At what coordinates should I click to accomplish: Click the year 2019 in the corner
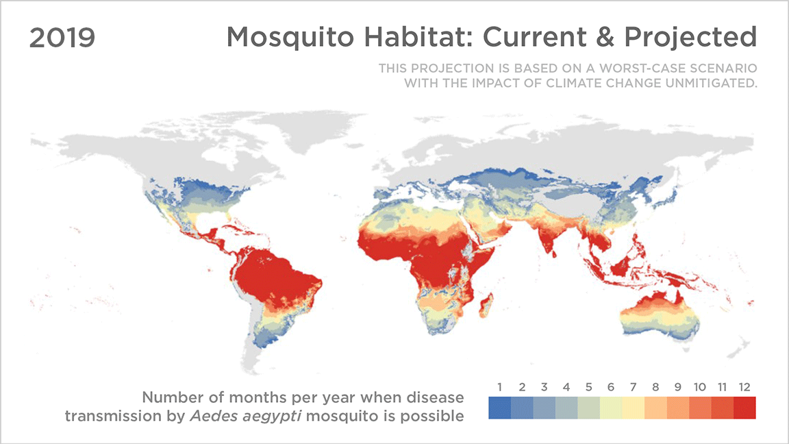(x=62, y=38)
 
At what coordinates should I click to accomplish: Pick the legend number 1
(x=499, y=388)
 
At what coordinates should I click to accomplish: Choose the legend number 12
(x=744, y=388)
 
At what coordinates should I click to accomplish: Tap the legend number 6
(x=611, y=388)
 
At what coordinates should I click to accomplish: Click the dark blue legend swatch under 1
(x=499, y=408)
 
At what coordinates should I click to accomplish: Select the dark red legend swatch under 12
(x=744, y=408)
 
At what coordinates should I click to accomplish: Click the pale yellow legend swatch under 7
(x=633, y=408)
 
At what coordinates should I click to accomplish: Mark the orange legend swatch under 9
(x=677, y=408)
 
